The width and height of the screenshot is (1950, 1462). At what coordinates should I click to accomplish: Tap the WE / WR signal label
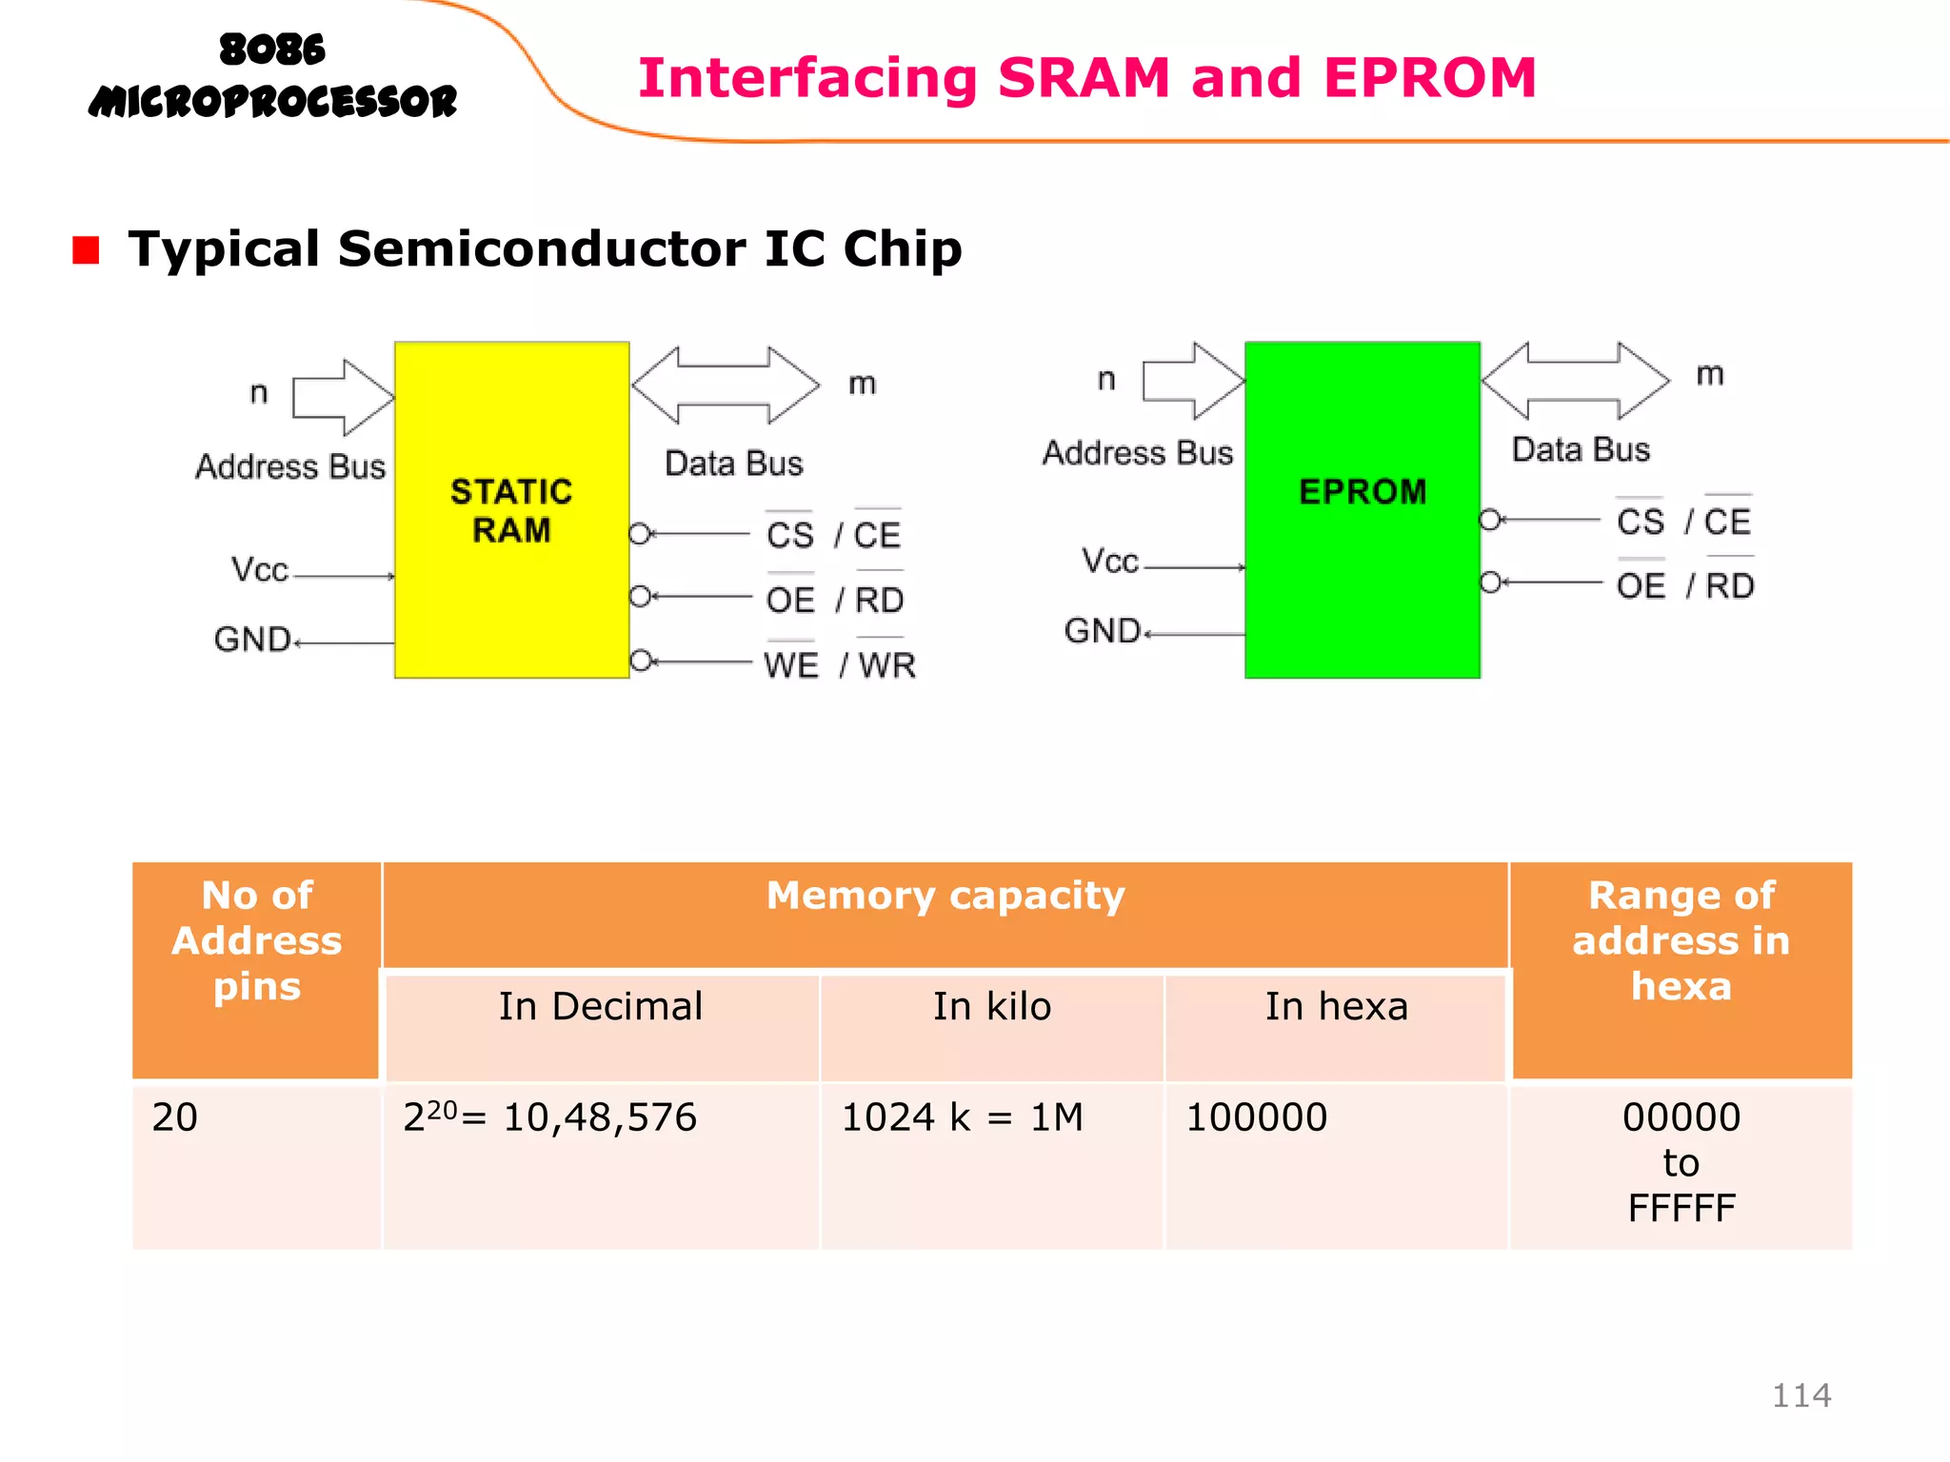pyautogui.click(x=839, y=664)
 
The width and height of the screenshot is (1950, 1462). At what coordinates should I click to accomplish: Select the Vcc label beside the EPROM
pyautogui.click(x=1109, y=561)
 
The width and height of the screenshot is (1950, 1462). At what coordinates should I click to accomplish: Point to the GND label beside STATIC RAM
pyautogui.click(x=252, y=640)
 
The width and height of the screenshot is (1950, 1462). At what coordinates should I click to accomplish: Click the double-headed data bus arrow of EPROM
pyautogui.click(x=1575, y=381)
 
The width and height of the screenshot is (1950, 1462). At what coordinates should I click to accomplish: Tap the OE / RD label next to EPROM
pyautogui.click(x=1684, y=585)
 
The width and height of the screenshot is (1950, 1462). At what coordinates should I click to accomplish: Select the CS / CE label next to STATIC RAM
pyautogui.click(x=833, y=535)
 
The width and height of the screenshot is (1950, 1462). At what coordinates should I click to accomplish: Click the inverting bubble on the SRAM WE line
pyautogui.click(x=641, y=660)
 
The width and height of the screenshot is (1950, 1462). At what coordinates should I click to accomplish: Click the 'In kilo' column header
pyautogui.click(x=991, y=1007)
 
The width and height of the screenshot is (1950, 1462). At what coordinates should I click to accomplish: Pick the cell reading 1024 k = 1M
pyautogui.click(x=962, y=1117)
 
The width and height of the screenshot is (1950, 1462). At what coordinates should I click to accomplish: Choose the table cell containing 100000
pyautogui.click(x=1256, y=1117)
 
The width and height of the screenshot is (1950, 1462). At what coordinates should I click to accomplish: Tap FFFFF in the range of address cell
pyautogui.click(x=1681, y=1209)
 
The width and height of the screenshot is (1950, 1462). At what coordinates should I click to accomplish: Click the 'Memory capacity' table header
pyautogui.click(x=945, y=897)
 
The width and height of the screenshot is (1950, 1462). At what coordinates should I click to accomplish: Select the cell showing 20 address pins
pyautogui.click(x=175, y=1117)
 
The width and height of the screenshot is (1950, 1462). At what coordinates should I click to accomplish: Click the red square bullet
pyautogui.click(x=86, y=250)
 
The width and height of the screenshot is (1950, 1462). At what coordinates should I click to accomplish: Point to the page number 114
pyautogui.click(x=1801, y=1395)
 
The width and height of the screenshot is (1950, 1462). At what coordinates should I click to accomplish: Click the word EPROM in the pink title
pyautogui.click(x=1429, y=78)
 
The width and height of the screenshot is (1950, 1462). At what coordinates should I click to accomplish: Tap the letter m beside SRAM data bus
pyautogui.click(x=862, y=384)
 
